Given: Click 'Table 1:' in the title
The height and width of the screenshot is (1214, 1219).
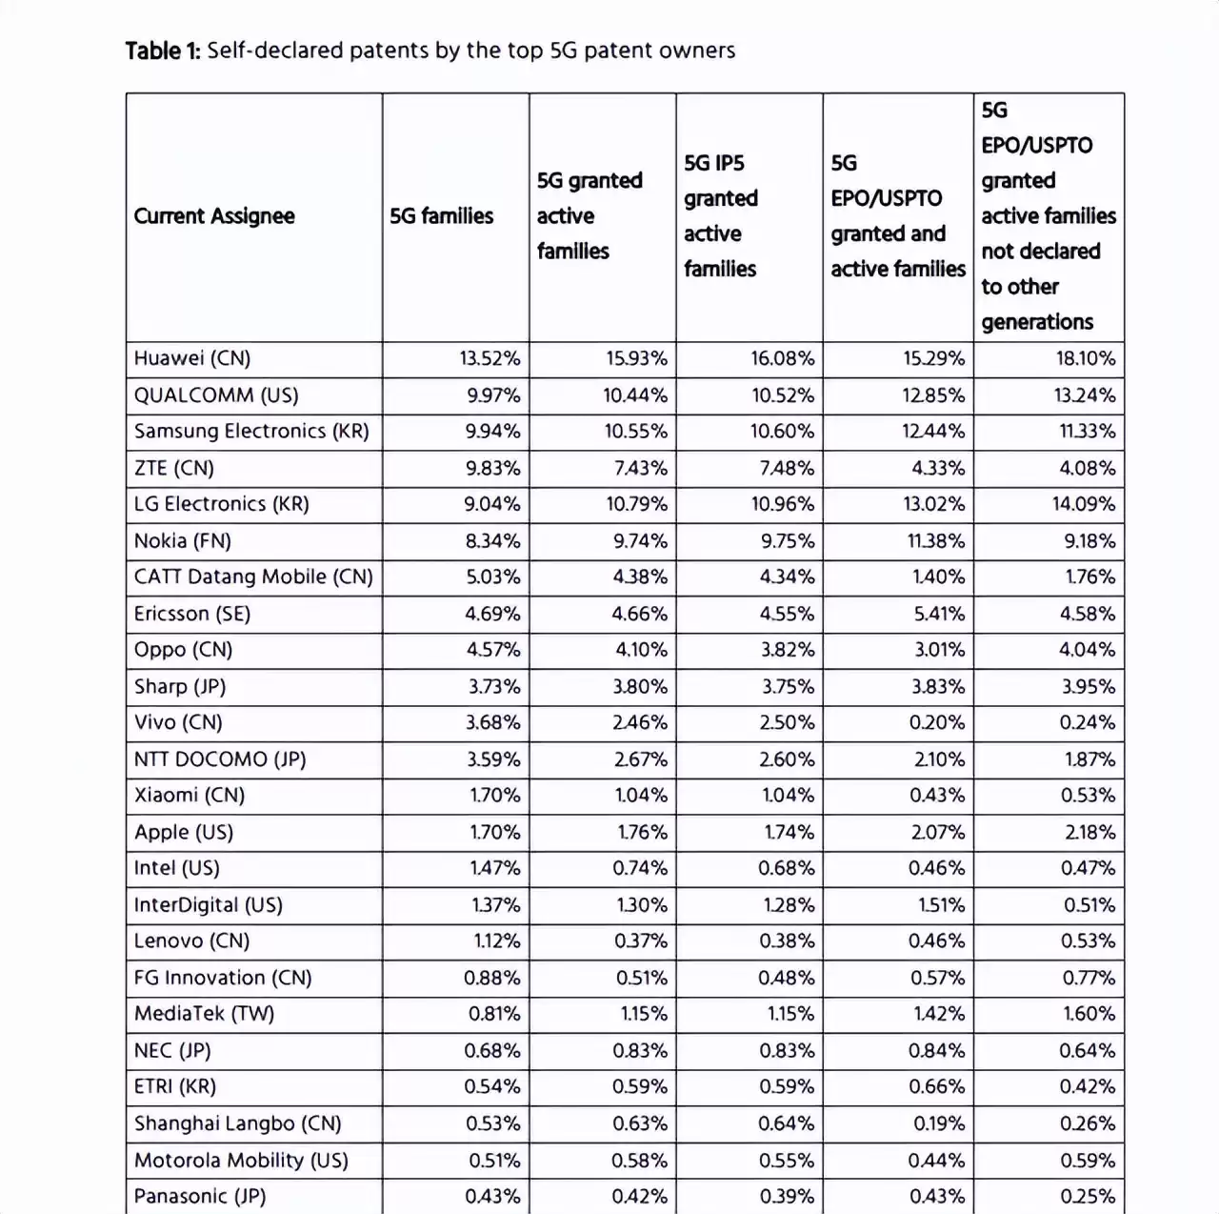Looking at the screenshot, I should (162, 51).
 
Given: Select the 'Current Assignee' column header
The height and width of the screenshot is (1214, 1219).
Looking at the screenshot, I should (214, 216).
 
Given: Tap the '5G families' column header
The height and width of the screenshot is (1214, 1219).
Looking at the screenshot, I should (441, 216).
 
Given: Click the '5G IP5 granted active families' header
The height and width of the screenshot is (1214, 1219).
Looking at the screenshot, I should (721, 216).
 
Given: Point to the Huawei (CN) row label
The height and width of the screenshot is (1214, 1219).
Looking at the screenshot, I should (192, 358).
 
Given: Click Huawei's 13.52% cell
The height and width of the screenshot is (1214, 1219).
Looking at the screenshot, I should (490, 358).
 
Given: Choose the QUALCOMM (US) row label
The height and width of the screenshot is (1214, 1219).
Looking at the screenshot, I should (216, 395).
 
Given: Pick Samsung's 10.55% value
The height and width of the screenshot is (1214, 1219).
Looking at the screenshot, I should (635, 432).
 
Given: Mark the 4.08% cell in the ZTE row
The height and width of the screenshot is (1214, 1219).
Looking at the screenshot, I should (1087, 468).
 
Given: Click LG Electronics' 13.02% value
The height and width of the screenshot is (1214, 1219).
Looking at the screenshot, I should (933, 504).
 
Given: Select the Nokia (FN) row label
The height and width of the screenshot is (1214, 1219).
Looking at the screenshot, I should (183, 541).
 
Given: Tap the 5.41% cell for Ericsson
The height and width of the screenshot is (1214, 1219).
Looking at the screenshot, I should (939, 614).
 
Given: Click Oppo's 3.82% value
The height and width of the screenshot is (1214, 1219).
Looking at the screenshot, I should (787, 650).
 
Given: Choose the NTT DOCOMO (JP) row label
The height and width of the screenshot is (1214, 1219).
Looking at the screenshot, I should (220, 759).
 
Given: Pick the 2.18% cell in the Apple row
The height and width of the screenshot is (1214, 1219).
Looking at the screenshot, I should (1089, 832).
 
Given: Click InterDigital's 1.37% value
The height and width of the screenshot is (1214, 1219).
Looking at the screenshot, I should (495, 905).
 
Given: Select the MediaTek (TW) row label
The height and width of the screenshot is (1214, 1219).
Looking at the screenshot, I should (204, 1014).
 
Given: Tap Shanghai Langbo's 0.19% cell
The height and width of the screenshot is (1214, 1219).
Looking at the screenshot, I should (938, 1123).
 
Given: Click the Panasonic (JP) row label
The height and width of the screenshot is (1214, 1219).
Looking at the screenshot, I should (200, 1196).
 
